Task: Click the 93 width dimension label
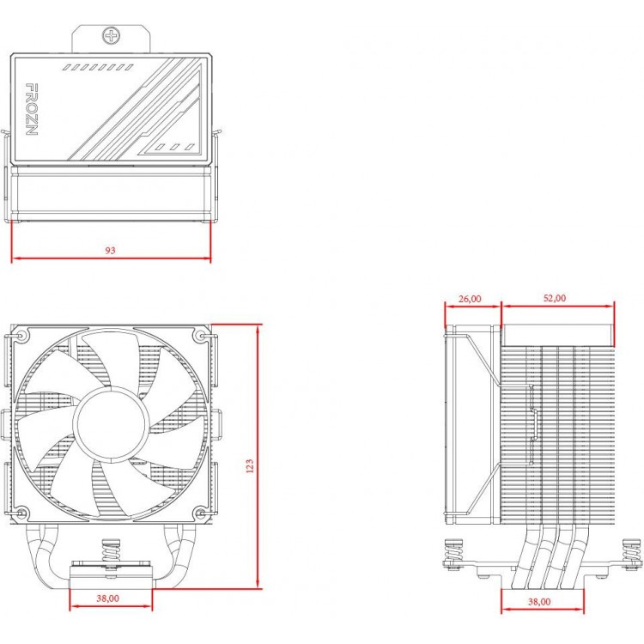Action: (110, 250)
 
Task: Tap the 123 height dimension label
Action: (249, 466)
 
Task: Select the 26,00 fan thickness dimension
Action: (470, 299)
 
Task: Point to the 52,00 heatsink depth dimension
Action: (555, 298)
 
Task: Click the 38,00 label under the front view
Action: (107, 598)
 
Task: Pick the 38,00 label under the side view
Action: (539, 602)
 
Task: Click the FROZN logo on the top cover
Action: (32, 109)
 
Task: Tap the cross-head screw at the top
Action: (111, 35)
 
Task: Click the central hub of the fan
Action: (111, 424)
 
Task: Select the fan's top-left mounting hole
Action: (21, 337)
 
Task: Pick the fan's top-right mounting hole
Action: (201, 337)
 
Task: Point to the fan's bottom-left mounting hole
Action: (21, 513)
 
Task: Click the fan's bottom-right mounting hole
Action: (200, 513)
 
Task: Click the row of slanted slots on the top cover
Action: (98, 67)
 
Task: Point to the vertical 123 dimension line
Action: (258, 456)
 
